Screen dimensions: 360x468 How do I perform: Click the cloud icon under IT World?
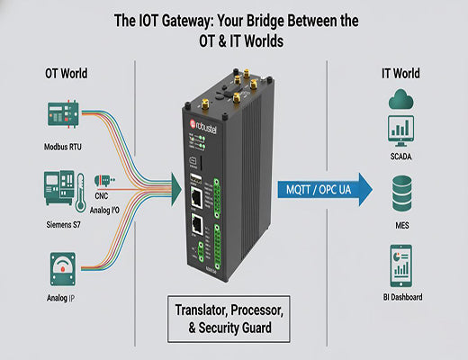(400, 101)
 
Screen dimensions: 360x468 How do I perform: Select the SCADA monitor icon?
(400, 133)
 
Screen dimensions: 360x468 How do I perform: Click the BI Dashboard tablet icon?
(400, 262)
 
